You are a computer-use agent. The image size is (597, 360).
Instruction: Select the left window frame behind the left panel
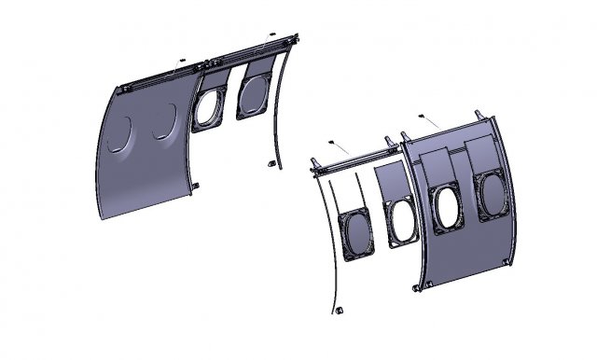208,105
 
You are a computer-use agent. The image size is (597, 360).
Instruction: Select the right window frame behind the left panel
254,90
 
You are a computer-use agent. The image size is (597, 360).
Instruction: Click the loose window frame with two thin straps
358,233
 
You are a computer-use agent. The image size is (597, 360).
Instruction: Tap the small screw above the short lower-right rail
332,141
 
